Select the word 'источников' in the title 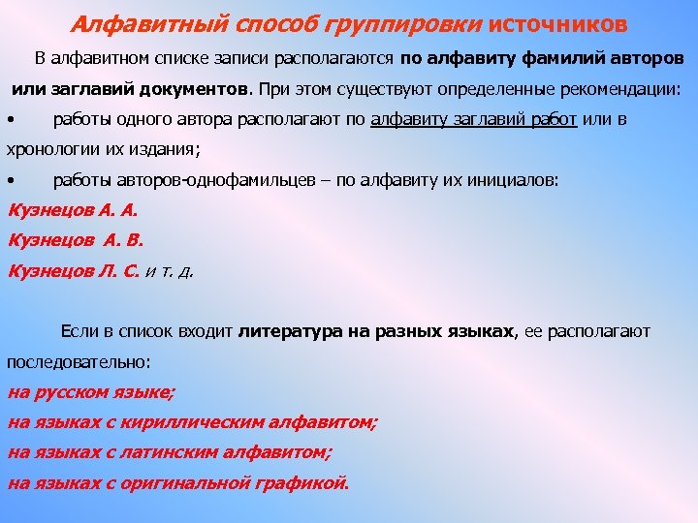coord(551,22)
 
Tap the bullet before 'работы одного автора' coord(9,120)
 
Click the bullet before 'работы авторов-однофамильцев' coord(9,181)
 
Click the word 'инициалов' coord(508,181)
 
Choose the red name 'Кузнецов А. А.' coord(74,210)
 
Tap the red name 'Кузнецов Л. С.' coord(74,271)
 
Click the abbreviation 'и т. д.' coord(169,272)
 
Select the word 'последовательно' coord(78,362)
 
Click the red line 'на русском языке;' coord(92,392)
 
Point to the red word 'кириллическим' coord(214,422)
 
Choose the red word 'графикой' coord(305,482)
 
